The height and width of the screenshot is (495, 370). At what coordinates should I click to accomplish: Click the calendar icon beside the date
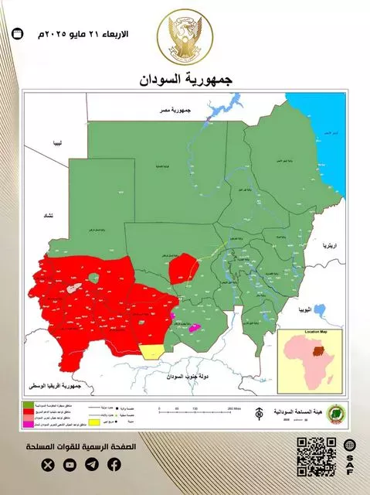click(19, 35)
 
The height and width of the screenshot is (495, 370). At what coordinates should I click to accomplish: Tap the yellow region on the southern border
click(152, 352)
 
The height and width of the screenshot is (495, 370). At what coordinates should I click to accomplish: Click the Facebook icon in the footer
click(114, 465)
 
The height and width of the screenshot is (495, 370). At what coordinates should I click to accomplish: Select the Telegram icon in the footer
click(92, 465)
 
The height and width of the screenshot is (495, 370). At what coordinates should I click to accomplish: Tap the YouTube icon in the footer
click(70, 465)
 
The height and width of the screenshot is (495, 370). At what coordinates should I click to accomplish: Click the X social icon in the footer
click(49, 465)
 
